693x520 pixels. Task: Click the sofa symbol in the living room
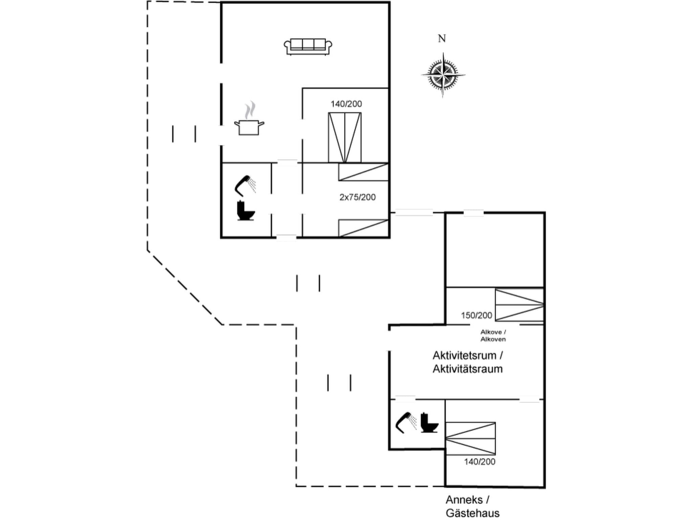click(308, 46)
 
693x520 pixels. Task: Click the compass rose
click(443, 75)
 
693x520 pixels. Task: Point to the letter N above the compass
click(442, 39)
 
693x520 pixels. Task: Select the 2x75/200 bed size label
click(357, 197)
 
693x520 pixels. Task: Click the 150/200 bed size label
click(476, 316)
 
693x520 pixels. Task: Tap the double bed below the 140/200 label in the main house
click(344, 137)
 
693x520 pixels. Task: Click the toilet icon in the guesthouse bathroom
click(429, 423)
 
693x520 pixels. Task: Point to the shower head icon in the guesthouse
click(406, 422)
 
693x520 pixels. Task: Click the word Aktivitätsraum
click(467, 369)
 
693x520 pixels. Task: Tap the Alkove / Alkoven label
click(493, 335)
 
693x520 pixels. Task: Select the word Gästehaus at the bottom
click(472, 513)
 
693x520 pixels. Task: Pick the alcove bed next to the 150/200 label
click(519, 305)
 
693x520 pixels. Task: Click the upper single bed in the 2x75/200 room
click(363, 172)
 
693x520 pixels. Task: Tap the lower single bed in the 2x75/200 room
click(363, 228)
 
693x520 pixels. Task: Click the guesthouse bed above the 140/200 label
click(470, 438)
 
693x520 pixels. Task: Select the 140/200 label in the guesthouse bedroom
click(479, 462)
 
